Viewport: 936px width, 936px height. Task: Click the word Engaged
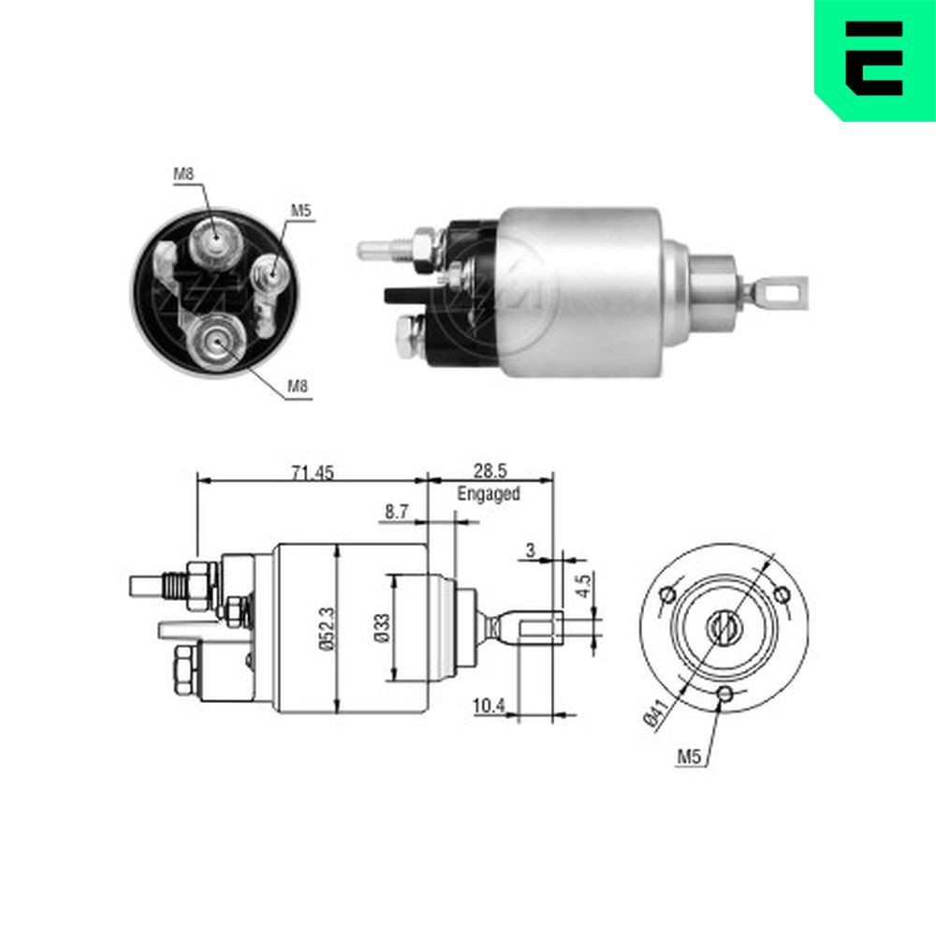click(488, 493)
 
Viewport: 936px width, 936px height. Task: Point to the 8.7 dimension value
click(397, 512)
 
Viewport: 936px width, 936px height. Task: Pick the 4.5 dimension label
click(583, 586)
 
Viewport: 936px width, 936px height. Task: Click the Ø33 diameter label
click(381, 628)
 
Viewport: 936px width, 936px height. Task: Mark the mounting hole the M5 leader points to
click(724, 694)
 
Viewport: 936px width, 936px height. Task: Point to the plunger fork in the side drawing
click(536, 626)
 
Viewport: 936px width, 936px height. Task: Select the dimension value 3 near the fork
click(530, 550)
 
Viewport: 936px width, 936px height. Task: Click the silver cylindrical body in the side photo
click(580, 290)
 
